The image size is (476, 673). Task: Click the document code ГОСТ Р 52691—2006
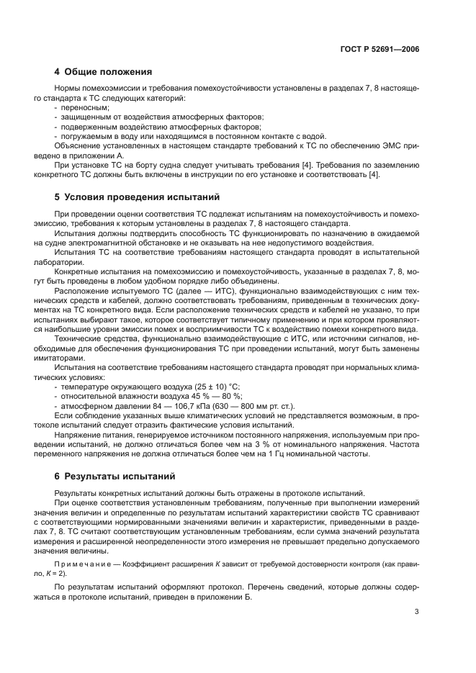(x=379, y=49)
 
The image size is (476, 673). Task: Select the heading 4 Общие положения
(x=103, y=72)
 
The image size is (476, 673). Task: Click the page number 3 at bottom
(x=417, y=613)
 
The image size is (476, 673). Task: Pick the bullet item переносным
(x=84, y=107)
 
